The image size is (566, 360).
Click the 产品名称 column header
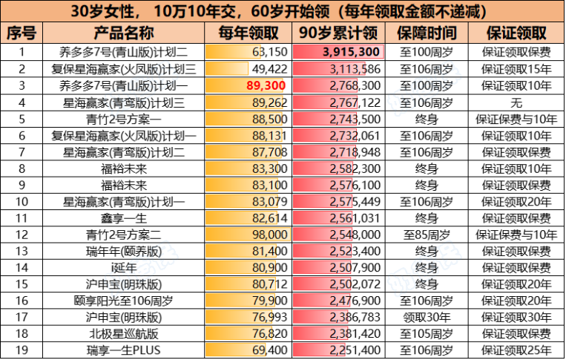124,34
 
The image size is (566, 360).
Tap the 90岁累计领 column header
338,34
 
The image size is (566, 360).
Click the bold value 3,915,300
352,52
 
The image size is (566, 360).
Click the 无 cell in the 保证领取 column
516,102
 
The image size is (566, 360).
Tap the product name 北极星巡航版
124,334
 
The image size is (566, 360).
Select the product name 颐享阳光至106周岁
124,301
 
